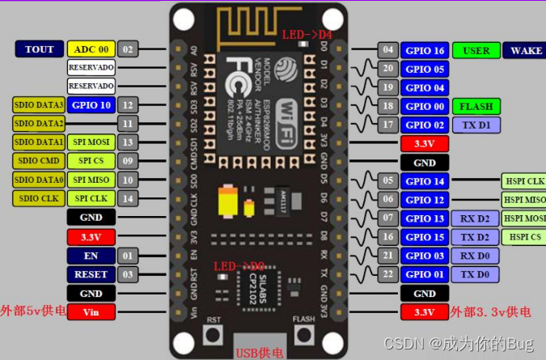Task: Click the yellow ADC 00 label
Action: pos(91,49)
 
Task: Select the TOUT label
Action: pos(39,49)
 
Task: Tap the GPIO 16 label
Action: pos(425,50)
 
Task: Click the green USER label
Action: pos(476,50)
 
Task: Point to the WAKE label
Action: pos(526,50)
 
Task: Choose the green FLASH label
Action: pos(476,107)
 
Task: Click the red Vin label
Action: pos(91,311)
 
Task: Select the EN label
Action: pos(91,256)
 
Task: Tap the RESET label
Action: pos(91,274)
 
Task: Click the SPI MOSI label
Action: pos(91,142)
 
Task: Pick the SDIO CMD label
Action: pos(39,160)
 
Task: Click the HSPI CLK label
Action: pos(524,181)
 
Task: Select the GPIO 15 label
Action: pos(425,237)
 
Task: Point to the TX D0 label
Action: pos(476,274)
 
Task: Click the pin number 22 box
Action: pos(389,274)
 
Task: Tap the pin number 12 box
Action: pos(127,105)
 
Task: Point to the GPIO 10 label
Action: pos(91,105)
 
